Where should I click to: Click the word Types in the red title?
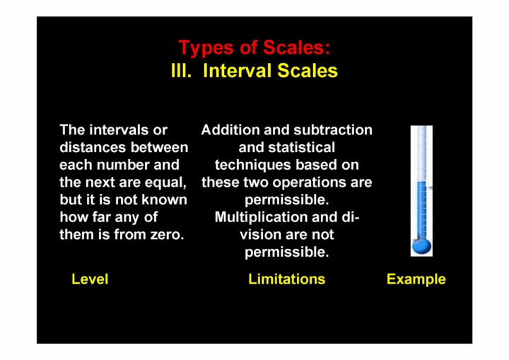pyautogui.click(x=206, y=48)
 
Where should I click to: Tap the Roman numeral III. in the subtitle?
pyautogui.click(x=181, y=71)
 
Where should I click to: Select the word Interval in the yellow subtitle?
pyautogui.click(x=238, y=71)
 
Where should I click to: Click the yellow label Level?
pyautogui.click(x=90, y=279)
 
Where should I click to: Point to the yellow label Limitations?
pyautogui.click(x=286, y=279)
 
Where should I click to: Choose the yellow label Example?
pyautogui.click(x=416, y=279)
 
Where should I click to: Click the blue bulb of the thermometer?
pyautogui.click(x=421, y=246)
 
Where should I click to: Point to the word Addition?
pyautogui.click(x=230, y=130)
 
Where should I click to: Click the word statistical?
pyautogui.click(x=301, y=148)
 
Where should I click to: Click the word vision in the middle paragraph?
pyautogui.click(x=256, y=235)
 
